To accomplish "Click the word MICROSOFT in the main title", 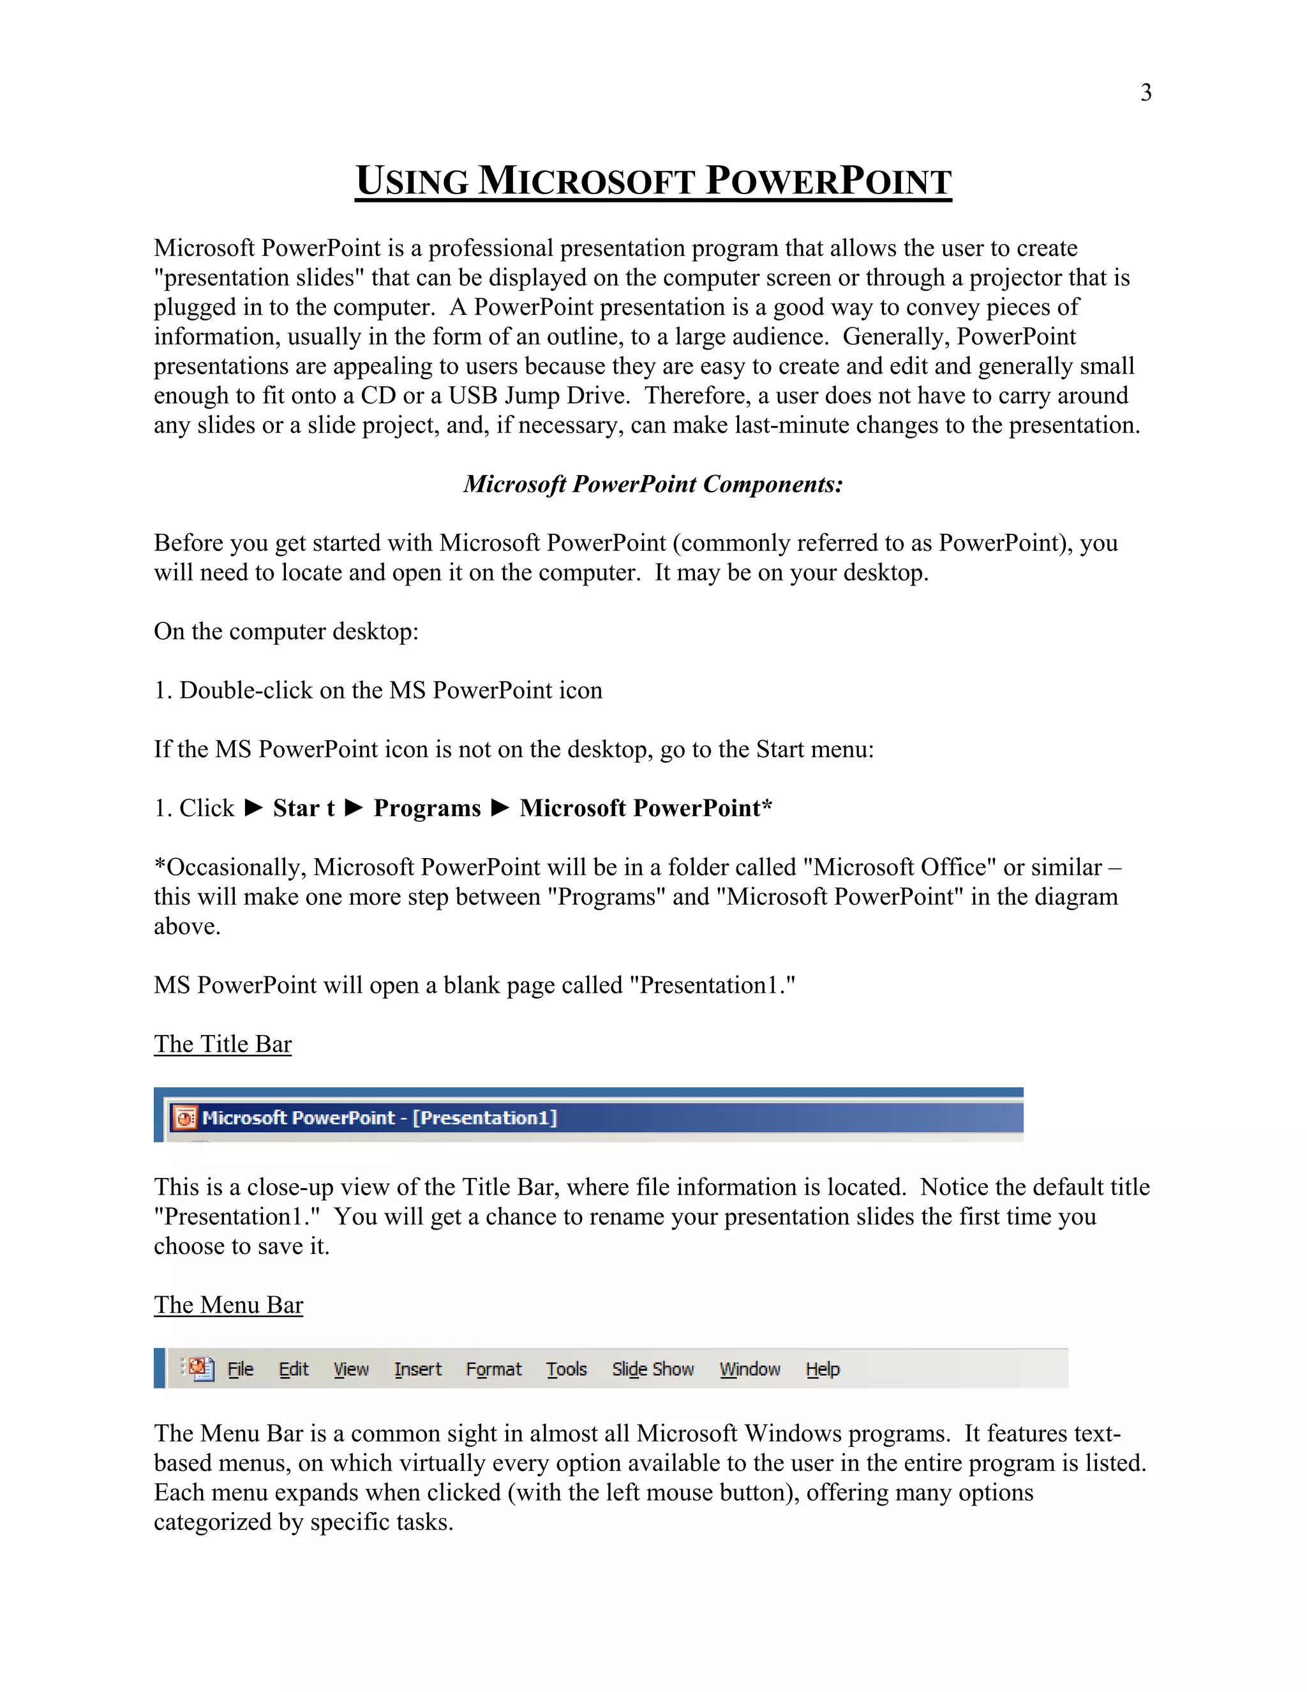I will coord(585,181).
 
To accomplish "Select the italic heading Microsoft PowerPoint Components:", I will coord(653,484).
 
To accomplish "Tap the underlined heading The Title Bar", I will coord(222,1045).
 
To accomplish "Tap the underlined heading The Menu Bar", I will coord(228,1306).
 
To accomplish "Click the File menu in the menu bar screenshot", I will coord(240,1370).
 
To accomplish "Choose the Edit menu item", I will coord(294,1370).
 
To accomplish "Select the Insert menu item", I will coord(417,1370).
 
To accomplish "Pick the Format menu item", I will coord(493,1370).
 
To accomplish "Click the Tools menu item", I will coord(566,1370).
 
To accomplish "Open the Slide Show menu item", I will coord(653,1370).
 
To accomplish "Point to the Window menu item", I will coord(749,1370).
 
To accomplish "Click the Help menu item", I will coord(822,1370).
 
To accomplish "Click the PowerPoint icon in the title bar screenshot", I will coord(185,1118).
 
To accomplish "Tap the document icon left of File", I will coord(200,1369).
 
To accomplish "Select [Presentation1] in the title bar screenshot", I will coord(485,1118).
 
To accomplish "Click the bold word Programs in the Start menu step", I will coord(427,808).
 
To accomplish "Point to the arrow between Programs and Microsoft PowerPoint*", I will coord(500,808).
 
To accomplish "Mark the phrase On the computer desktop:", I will coord(286,631).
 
